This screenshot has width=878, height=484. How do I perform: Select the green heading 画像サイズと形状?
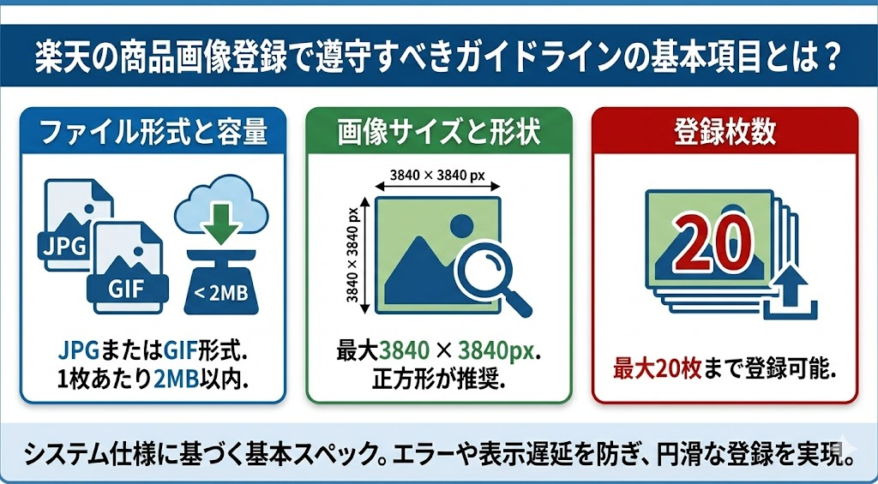point(439,133)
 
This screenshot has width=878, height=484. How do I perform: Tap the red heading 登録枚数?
point(725,133)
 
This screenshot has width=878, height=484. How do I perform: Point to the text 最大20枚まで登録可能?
point(725,369)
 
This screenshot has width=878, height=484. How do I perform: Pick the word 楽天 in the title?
point(59,58)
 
